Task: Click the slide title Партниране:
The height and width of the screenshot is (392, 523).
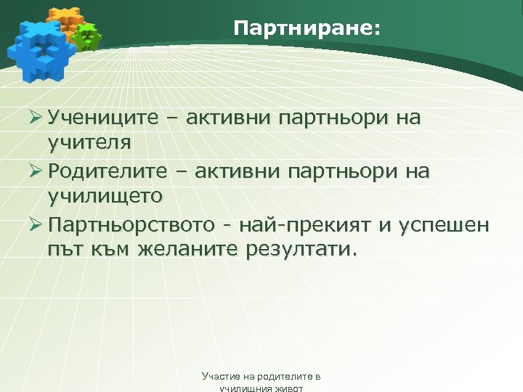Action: [x=307, y=29]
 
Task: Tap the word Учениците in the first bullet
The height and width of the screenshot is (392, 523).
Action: [x=102, y=118]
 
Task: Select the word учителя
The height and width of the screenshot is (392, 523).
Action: [x=89, y=142]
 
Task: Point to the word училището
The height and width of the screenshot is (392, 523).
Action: [x=105, y=197]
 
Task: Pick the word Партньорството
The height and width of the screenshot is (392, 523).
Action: [x=131, y=226]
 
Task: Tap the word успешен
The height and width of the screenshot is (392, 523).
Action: [x=444, y=226]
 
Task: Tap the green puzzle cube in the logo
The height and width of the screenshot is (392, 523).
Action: [x=87, y=36]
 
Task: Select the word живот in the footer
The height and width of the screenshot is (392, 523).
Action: [x=288, y=388]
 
